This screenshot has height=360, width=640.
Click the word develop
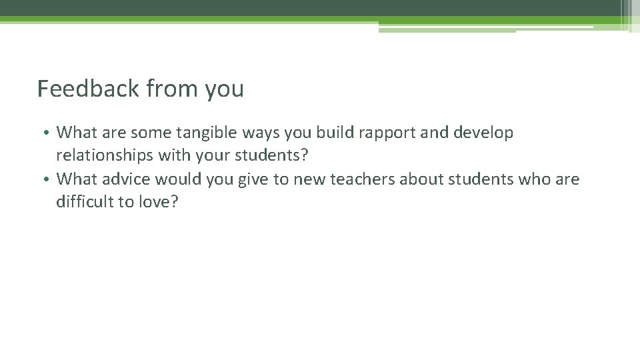[x=486, y=133]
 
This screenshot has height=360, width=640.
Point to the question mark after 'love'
[x=174, y=203]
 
